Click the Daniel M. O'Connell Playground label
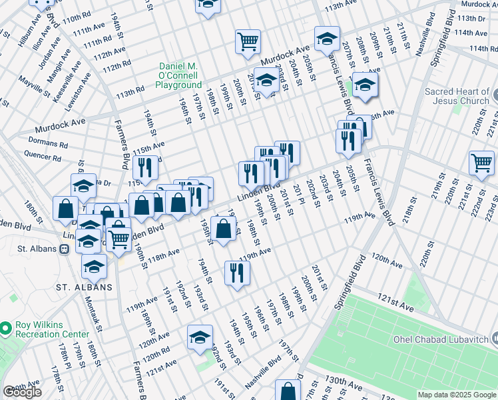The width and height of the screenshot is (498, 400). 180,75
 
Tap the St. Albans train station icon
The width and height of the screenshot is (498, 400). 65,249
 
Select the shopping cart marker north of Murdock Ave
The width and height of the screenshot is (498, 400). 248,41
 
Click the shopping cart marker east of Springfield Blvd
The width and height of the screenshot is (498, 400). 481,161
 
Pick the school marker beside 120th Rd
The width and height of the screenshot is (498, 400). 200,337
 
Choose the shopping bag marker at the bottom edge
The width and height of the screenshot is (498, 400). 288,391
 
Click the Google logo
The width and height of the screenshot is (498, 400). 23,392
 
